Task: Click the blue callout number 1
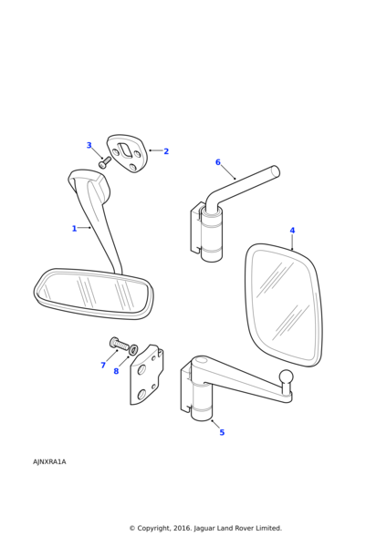74,229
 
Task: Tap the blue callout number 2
166,151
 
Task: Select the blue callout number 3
89,145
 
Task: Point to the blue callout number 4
292,231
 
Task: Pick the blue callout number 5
222,432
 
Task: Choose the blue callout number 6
218,162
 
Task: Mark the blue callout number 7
103,365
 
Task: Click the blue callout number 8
116,371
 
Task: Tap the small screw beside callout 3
105,162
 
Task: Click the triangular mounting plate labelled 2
127,153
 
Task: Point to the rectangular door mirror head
284,304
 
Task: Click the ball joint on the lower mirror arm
287,377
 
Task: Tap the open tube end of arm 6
276,171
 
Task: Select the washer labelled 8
133,349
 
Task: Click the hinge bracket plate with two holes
146,375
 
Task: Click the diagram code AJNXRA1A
49,462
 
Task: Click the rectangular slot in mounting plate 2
125,150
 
